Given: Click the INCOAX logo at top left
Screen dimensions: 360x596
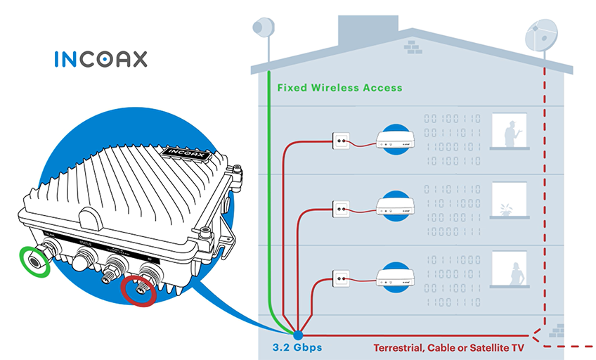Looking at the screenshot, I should pos(101,58).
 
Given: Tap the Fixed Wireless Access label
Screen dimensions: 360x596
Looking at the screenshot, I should pos(339,88).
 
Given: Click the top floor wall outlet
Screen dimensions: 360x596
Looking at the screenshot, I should pos(341,141).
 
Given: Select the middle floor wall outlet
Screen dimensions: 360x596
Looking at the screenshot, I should pos(341,208).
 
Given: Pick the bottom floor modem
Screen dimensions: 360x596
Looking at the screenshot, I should pos(399,276).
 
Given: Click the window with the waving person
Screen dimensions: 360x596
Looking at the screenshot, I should pos(510,131).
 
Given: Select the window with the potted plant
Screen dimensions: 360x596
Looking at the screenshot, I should pos(510,200).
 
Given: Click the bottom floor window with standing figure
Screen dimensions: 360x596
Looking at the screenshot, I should pos(510,269).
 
